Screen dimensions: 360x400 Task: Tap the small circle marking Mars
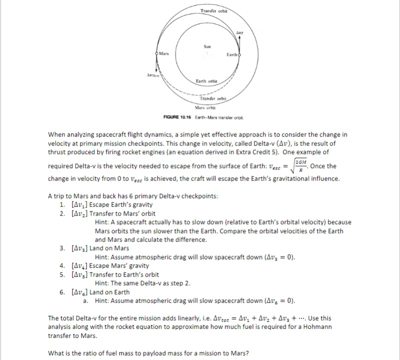point(157,54)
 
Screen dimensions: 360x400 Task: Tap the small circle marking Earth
point(240,54)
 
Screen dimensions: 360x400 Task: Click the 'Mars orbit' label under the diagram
point(205,107)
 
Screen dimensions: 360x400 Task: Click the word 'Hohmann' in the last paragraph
point(320,326)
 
